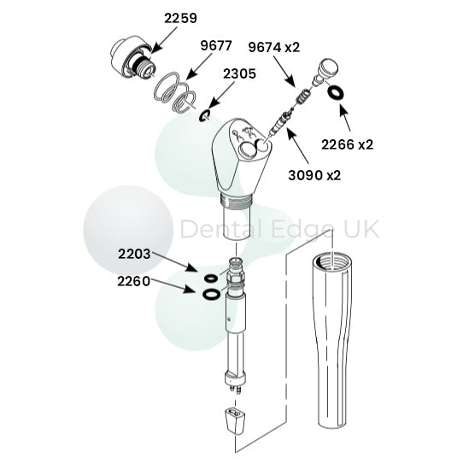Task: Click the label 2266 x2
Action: click(x=347, y=145)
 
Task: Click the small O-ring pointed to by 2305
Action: click(x=206, y=114)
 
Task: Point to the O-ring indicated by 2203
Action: click(x=208, y=278)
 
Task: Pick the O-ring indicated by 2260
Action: click(x=208, y=296)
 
